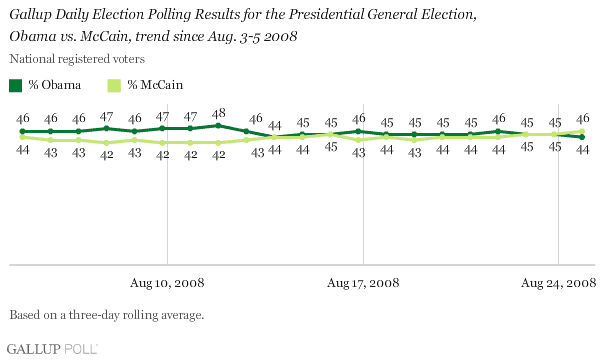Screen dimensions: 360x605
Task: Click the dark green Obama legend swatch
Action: coord(16,86)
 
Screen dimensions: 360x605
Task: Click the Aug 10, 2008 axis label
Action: coord(165,282)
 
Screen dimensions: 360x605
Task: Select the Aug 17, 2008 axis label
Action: coord(362,282)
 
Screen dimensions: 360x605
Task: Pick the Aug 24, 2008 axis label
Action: coord(559,282)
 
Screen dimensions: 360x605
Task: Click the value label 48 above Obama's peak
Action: coord(218,112)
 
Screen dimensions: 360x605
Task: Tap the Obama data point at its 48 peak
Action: coord(218,126)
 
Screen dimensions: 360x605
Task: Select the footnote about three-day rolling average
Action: coord(106,315)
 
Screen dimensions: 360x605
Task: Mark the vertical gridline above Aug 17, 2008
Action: coord(362,200)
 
